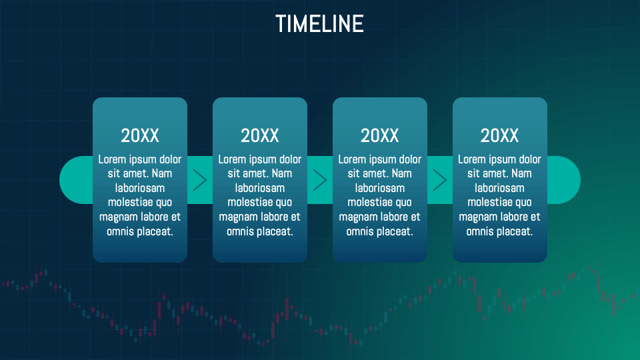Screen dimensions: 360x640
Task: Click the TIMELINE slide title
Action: click(x=319, y=24)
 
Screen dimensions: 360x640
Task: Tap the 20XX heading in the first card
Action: click(x=140, y=135)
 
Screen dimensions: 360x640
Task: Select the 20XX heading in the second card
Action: click(x=260, y=135)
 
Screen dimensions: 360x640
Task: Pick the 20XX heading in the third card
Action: click(x=380, y=135)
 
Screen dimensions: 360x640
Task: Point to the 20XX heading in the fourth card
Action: click(x=500, y=135)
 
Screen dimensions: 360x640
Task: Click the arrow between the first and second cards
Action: click(x=200, y=180)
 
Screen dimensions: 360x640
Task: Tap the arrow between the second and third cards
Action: click(x=320, y=180)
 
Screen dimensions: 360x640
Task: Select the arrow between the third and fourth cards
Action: click(x=440, y=180)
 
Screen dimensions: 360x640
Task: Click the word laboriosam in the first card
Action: click(x=140, y=188)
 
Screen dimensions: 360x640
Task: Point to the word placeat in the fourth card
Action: click(x=515, y=231)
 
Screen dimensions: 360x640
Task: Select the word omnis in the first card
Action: click(x=121, y=231)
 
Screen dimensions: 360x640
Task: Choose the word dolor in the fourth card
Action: click(x=527, y=159)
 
